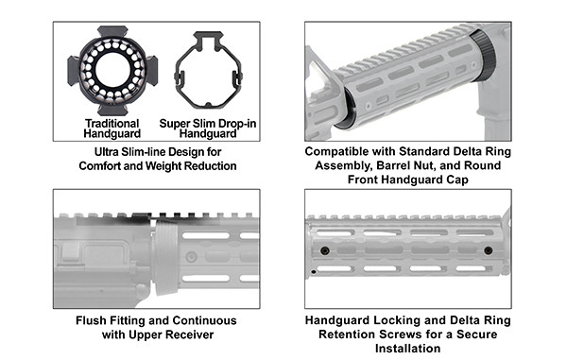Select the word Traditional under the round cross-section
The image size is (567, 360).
[x=112, y=124]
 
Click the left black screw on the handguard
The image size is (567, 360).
[x=323, y=250]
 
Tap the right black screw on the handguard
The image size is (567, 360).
[x=488, y=250]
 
